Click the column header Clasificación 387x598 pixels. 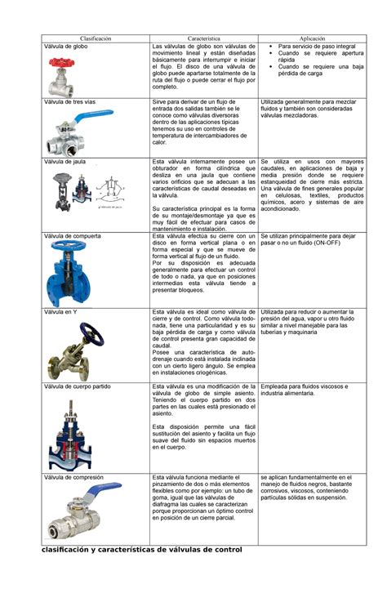point(96,38)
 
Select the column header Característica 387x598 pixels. point(204,38)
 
